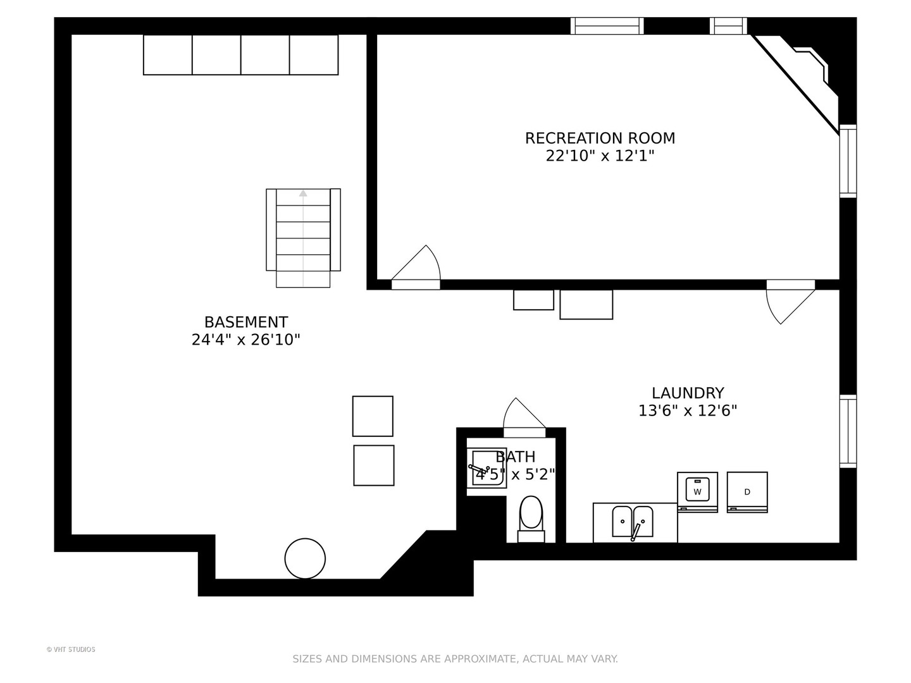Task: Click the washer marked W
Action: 697,492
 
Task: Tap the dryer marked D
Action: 747,492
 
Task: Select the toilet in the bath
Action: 531,519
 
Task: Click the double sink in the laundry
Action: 632,522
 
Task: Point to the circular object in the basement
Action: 305,558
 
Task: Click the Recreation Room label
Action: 600,138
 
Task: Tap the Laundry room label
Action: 688,393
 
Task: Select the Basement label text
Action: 246,322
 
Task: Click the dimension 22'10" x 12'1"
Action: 600,156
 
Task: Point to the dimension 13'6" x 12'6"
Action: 688,410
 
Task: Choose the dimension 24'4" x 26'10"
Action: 245,340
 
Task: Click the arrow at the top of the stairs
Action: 303,194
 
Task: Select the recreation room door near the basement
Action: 416,267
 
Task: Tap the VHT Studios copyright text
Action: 71,649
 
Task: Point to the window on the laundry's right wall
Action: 848,431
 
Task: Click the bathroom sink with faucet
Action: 486,468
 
